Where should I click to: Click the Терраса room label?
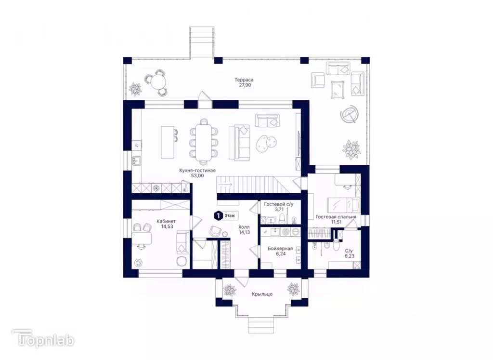coord(244,80)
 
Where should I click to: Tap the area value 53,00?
coord(197,176)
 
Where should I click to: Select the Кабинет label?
coord(166,221)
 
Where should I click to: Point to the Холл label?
coord(244,227)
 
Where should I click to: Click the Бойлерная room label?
coord(280,249)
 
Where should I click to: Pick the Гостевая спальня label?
coord(336,217)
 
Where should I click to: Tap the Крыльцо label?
coord(262,294)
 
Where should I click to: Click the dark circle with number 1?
coord(217,216)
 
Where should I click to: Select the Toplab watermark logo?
coord(43,339)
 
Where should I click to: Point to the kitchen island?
coord(167,142)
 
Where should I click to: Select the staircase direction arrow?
coord(228,184)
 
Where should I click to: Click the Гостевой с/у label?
coord(279,204)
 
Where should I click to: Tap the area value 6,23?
coord(350,256)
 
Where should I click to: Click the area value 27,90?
coord(244,85)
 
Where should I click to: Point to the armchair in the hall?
coord(216,231)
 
